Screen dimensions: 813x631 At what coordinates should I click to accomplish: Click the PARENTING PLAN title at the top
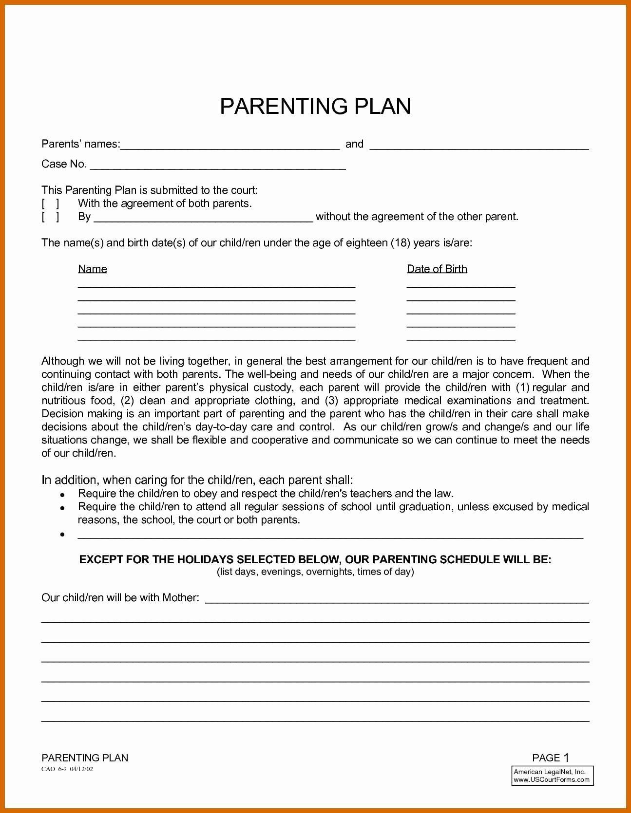[315, 107]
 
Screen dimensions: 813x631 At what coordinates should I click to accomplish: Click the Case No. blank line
[218, 166]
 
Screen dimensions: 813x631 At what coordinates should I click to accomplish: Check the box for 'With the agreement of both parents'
[50, 203]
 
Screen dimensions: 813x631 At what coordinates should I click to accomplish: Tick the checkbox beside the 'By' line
[50, 217]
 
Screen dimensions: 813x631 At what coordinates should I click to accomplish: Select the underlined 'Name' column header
[93, 269]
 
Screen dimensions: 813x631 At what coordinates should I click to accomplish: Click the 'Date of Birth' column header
[437, 269]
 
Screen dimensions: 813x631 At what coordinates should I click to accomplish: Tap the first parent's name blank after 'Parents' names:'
[229, 145]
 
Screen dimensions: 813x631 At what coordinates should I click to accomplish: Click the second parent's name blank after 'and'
[479, 145]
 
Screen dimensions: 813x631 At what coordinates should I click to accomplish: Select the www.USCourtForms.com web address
[551, 779]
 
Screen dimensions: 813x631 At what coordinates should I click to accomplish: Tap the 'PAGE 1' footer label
[551, 758]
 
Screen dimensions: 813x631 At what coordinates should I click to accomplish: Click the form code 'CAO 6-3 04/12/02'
[67, 769]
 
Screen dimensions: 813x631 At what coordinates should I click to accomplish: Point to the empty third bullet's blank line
[330, 535]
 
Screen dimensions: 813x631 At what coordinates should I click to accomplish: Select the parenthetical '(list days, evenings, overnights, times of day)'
[315, 572]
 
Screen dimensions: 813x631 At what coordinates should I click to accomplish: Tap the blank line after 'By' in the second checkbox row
[203, 218]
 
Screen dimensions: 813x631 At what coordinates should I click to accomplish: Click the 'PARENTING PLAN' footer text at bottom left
[85, 758]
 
